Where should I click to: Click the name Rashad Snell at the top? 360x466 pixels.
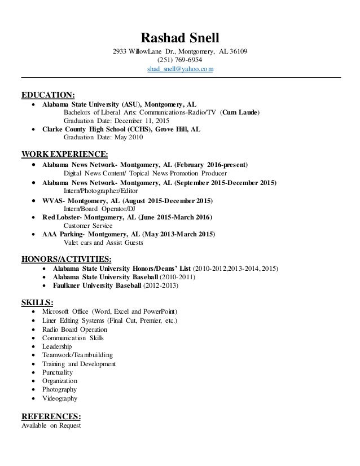pos(180,40)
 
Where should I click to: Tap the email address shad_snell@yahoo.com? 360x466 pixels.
pos(180,69)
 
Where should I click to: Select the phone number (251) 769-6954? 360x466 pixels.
pos(180,60)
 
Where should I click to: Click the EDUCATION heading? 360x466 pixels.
pos(48,94)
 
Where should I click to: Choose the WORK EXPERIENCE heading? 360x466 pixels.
pos(64,153)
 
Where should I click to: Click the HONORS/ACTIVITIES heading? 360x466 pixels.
pos(65,259)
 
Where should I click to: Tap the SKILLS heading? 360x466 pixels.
pos(37,302)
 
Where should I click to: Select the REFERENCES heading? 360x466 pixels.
pos(51,417)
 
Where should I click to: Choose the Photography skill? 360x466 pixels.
pos(59,389)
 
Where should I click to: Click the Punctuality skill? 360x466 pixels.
pos(58,372)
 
